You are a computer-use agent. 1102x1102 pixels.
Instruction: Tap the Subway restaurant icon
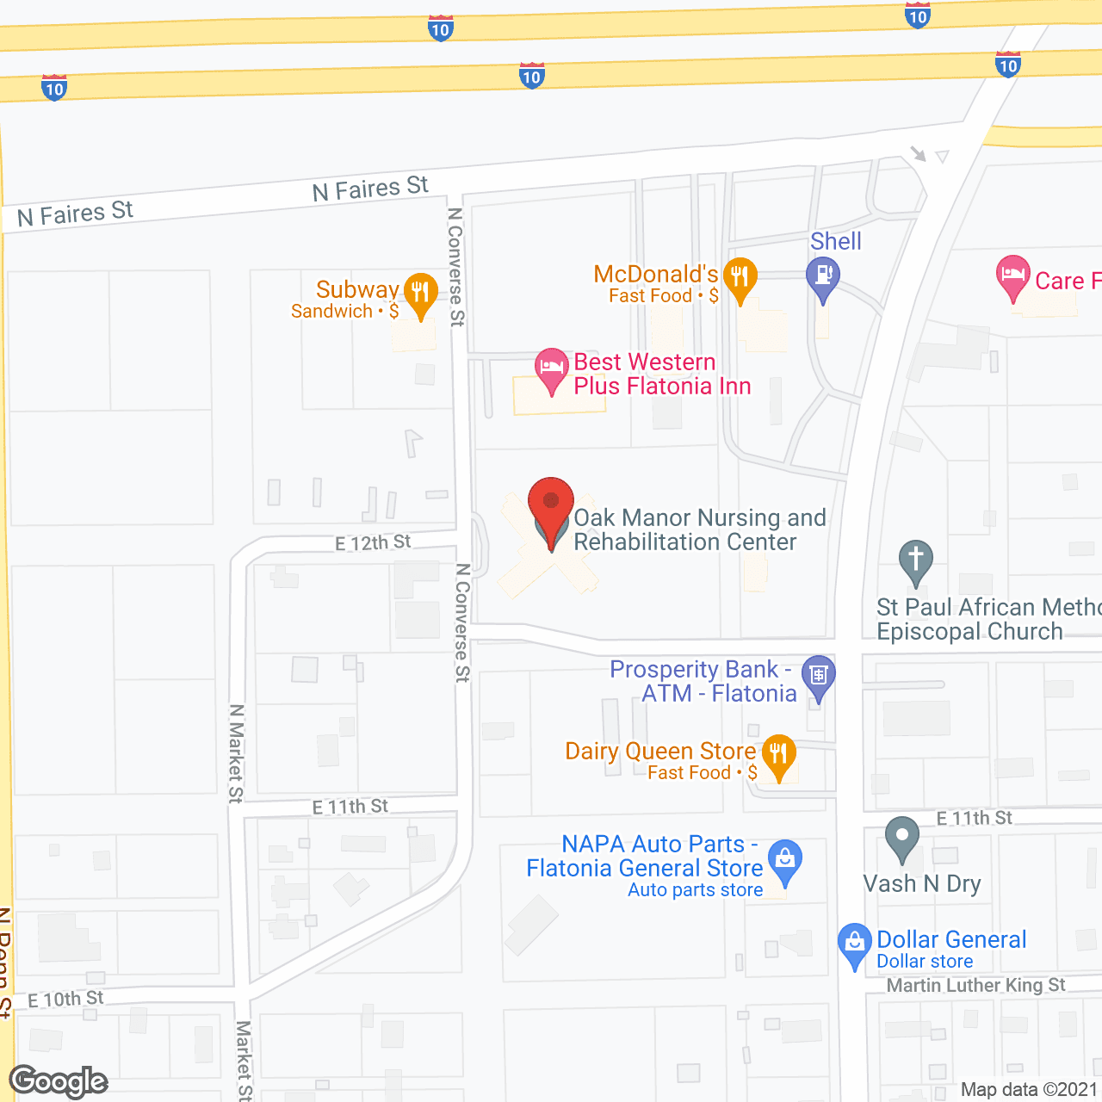pyautogui.click(x=420, y=294)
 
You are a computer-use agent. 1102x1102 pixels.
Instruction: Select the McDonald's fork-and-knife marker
pyautogui.click(x=740, y=278)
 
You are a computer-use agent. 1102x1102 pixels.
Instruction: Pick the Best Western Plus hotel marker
pyautogui.click(x=551, y=368)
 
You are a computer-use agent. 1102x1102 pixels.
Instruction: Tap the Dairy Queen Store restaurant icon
pyautogui.click(x=778, y=756)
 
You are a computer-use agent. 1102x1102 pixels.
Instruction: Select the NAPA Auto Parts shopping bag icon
pyautogui.click(x=784, y=860)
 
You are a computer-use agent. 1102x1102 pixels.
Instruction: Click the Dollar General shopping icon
pyautogui.click(x=854, y=944)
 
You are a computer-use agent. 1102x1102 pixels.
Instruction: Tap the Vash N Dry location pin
pyautogui.click(x=901, y=837)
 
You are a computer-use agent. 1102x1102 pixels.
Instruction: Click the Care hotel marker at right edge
pyautogui.click(x=1013, y=276)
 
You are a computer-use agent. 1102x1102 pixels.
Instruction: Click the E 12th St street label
pyautogui.click(x=373, y=543)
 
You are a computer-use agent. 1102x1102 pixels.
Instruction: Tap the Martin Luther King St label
pyautogui.click(x=976, y=985)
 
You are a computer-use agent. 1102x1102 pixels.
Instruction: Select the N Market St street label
pyautogui.click(x=236, y=753)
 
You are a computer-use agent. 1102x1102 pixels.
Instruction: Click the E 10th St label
pyautogui.click(x=65, y=1000)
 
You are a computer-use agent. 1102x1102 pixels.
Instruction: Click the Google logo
pyautogui.click(x=59, y=1081)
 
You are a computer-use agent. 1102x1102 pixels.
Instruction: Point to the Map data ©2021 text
pyautogui.click(x=1029, y=1090)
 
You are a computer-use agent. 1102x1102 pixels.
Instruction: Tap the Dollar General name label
pyautogui.click(x=951, y=939)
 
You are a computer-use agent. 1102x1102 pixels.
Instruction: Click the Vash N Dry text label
pyautogui.click(x=922, y=884)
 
